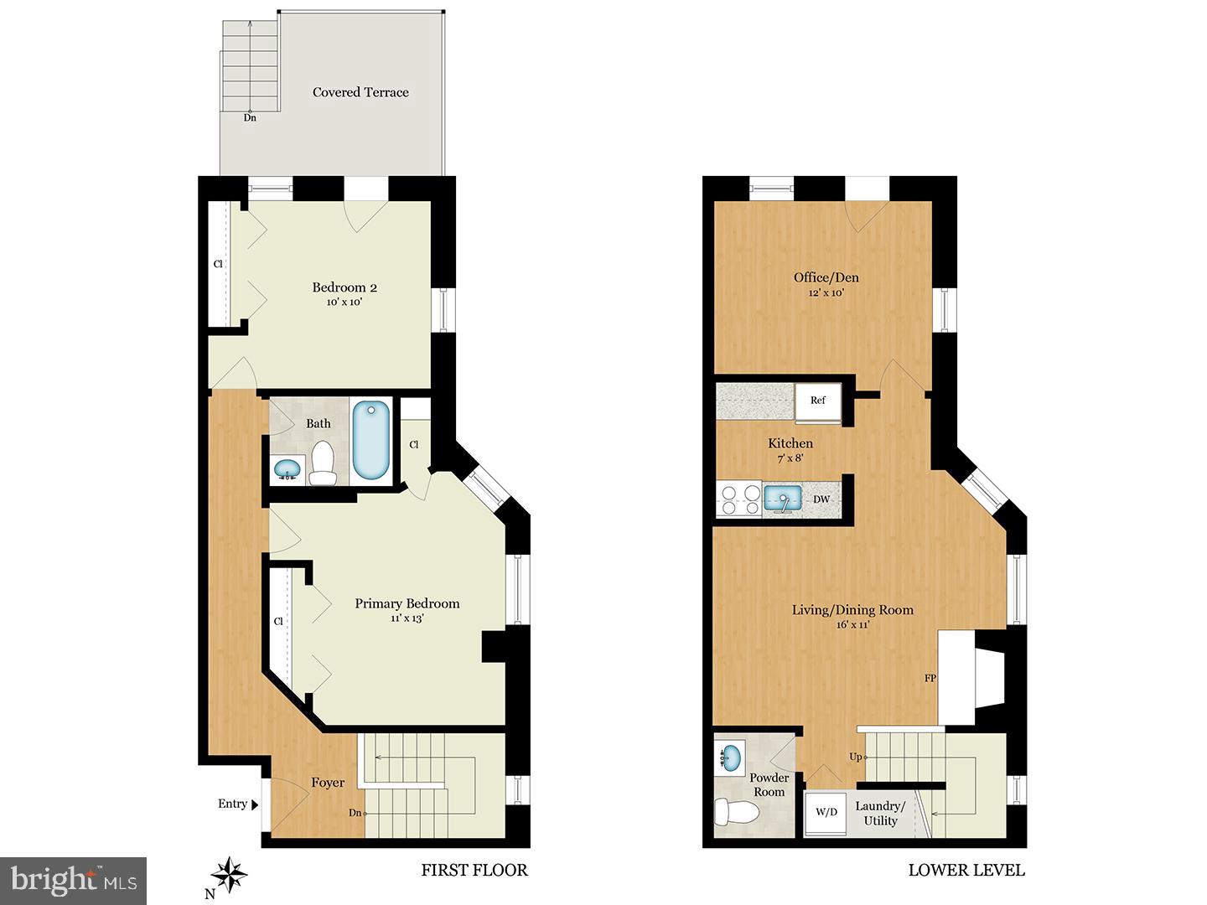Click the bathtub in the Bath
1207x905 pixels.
click(x=370, y=439)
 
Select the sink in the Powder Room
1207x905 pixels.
click(x=730, y=758)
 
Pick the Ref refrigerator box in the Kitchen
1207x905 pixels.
click(x=818, y=401)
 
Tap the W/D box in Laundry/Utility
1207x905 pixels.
click(x=826, y=811)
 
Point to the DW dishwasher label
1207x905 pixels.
click(x=821, y=500)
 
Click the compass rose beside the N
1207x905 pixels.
click(x=229, y=877)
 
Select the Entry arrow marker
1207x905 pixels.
click(x=254, y=804)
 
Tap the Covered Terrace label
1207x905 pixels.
click(x=360, y=92)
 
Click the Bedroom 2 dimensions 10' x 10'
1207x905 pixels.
click(x=344, y=303)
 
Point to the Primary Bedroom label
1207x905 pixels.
click(x=407, y=603)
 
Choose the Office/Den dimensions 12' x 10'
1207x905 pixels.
click(x=826, y=293)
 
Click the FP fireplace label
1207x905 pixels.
click(x=930, y=678)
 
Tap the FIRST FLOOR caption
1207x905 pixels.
click(x=474, y=870)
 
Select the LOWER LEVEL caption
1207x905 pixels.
click(x=966, y=870)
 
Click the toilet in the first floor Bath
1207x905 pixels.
click(x=322, y=463)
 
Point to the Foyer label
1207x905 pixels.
click(x=328, y=783)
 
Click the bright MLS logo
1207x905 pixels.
click(x=74, y=880)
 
